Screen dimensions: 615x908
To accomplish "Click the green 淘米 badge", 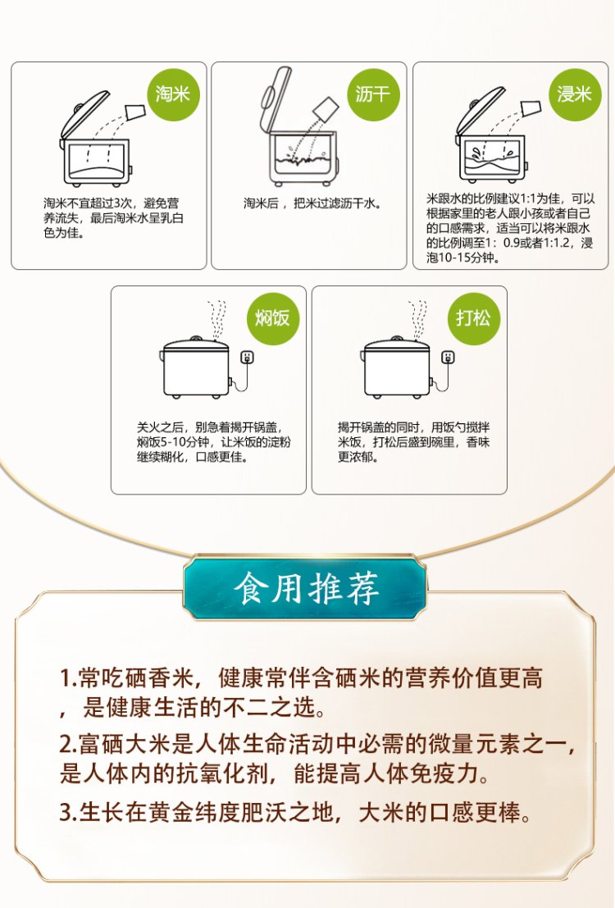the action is pyautogui.click(x=173, y=94).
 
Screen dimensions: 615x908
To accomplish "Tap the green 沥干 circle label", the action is pyautogui.click(x=374, y=94).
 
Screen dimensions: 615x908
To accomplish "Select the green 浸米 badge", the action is pyautogui.click(x=575, y=94).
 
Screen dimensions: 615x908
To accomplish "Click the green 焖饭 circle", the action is pyautogui.click(x=273, y=318).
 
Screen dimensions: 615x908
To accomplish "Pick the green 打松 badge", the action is pyautogui.click(x=474, y=318).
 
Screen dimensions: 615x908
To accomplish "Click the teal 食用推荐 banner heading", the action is pyautogui.click(x=306, y=588).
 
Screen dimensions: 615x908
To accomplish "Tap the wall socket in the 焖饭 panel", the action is pyautogui.click(x=248, y=357).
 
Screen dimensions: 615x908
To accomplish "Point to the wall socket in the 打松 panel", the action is pyautogui.click(x=449, y=357).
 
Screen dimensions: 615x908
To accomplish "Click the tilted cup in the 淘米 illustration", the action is pyautogui.click(x=135, y=110).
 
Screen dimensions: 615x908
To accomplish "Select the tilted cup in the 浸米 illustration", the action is pyautogui.click(x=531, y=108).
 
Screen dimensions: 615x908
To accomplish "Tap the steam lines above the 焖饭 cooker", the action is pyautogui.click(x=218, y=319).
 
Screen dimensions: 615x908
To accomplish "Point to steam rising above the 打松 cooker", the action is pyautogui.click(x=417, y=319).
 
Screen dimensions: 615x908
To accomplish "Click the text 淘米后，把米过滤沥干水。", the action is pyautogui.click(x=312, y=203).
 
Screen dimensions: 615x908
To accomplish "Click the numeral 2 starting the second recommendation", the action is pyautogui.click(x=66, y=744).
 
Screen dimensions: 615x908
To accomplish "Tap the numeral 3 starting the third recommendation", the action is pyautogui.click(x=66, y=813).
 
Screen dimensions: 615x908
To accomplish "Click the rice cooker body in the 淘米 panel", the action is pyautogui.click(x=96, y=162).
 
